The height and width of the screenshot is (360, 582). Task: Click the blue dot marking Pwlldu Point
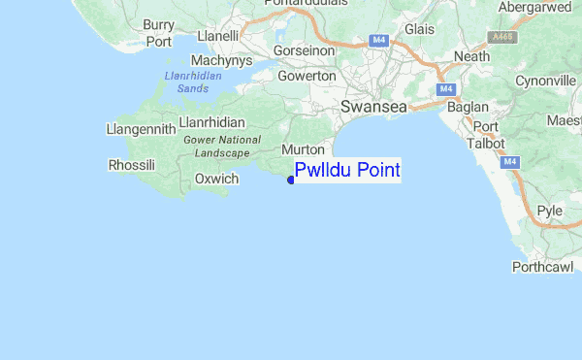291,179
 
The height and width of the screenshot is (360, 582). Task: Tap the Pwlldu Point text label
347,171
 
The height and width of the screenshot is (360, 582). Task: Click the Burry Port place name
158,32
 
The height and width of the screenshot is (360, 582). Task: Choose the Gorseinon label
306,49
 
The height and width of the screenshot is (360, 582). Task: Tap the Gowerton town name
307,76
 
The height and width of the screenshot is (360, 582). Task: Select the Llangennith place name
141,128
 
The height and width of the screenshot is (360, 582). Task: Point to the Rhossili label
132,165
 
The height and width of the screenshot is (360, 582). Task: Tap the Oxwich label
216,179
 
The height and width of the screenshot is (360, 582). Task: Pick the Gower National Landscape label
221,147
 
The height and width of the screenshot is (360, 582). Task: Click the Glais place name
419,29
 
